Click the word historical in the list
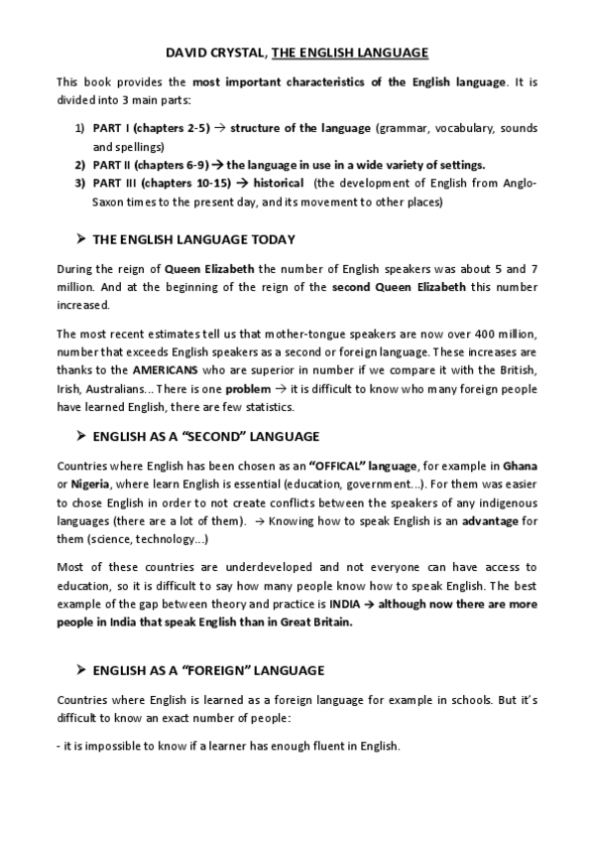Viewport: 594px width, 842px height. [281, 184]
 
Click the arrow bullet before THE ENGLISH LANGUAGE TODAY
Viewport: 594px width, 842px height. [79, 239]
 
